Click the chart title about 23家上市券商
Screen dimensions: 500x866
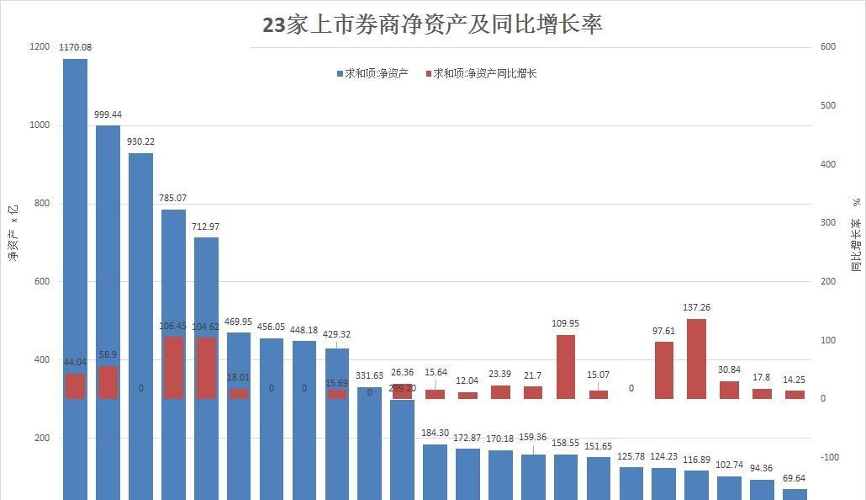432,24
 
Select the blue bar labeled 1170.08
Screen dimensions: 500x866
75,210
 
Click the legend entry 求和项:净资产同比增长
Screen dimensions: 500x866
483,73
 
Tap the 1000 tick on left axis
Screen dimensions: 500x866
40,125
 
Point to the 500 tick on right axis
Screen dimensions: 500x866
827,105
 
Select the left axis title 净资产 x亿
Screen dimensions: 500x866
13,232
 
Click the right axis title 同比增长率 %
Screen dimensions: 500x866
855,236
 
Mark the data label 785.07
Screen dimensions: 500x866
173,198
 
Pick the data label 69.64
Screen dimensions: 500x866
795,478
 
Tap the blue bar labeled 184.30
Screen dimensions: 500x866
435,471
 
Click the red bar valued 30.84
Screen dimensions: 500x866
729,390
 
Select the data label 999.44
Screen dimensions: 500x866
108,114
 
